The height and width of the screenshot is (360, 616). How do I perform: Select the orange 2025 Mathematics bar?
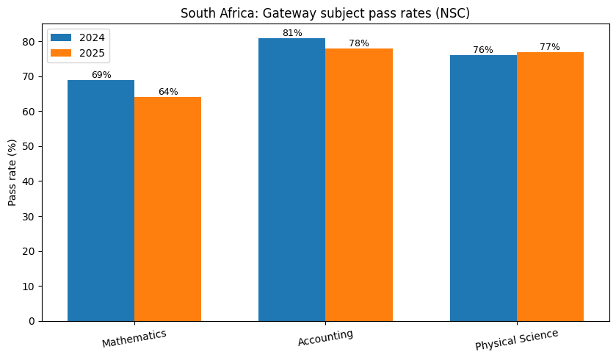pos(167,209)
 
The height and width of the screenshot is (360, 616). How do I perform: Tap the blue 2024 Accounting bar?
pos(291,179)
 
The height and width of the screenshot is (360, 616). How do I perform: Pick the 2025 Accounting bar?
pos(358,184)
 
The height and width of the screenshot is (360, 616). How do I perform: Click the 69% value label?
pos(101,75)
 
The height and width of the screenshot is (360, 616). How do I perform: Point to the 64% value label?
pos(168,92)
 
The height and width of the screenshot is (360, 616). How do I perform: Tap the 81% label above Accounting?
pos(292,33)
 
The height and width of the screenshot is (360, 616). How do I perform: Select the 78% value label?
pos(359,43)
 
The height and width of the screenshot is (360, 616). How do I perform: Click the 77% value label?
pos(550,47)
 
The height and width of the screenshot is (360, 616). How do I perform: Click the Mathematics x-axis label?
pos(134,338)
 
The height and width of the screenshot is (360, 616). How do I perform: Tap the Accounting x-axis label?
pos(325,337)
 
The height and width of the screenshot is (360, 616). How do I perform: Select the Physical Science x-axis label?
pos(516,339)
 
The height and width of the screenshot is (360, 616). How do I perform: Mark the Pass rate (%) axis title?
pos(12,174)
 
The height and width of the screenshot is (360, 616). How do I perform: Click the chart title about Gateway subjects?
pos(325,12)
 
